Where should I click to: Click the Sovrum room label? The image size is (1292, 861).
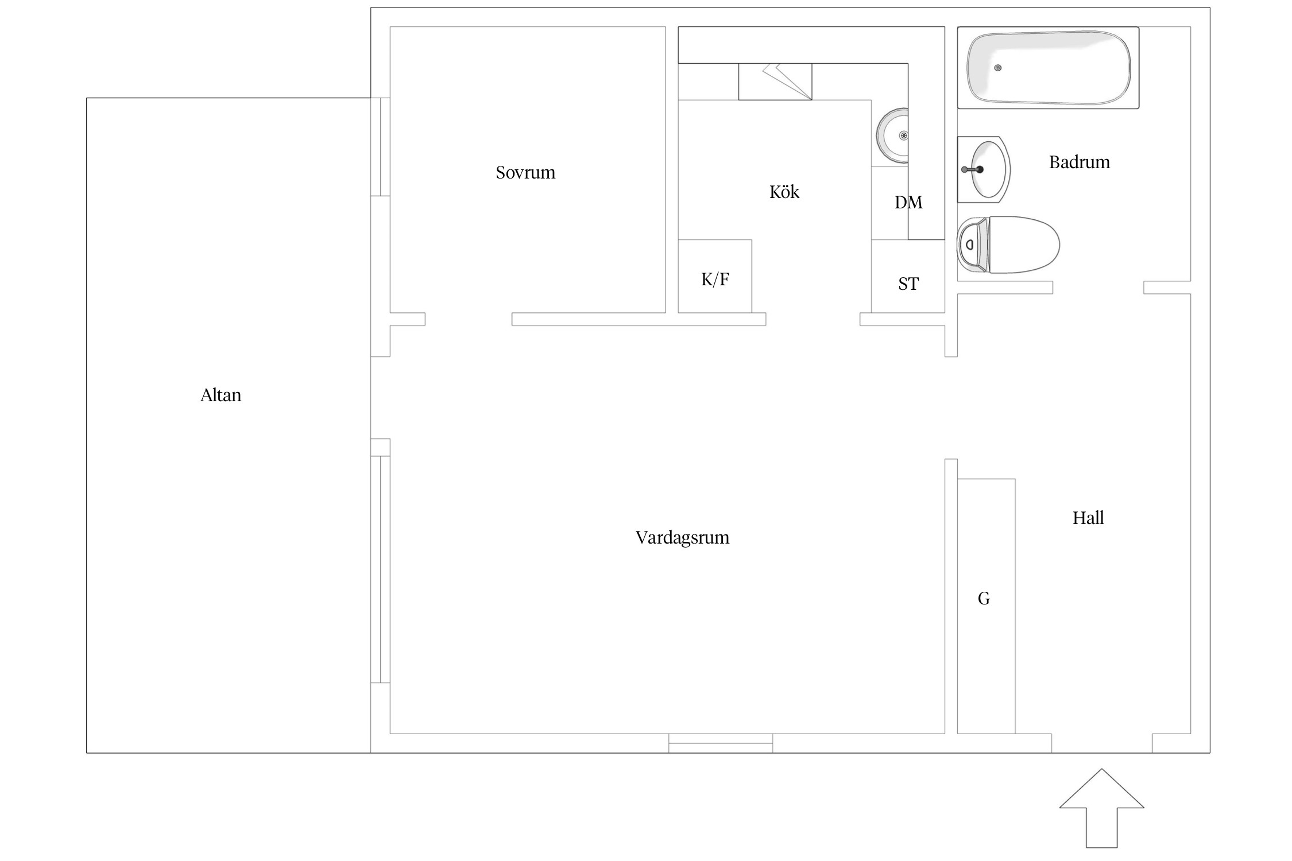pos(525,172)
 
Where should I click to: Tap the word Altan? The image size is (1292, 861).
pos(221,395)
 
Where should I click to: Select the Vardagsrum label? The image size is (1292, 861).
pos(682,538)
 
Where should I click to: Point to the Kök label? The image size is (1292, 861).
pos(784,192)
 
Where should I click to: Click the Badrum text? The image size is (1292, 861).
pos(1080,162)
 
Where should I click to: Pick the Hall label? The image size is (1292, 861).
pos(1088,518)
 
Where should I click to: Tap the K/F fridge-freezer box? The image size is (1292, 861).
pos(715,276)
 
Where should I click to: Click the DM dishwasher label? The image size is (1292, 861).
pos(908,202)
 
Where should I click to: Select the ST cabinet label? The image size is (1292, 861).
pos(908,284)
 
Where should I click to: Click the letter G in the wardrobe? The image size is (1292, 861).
pos(984,599)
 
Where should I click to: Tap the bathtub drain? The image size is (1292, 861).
pos(998,68)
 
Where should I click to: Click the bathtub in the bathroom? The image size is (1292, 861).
pos(1048,68)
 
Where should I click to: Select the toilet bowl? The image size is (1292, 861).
pos(1024,245)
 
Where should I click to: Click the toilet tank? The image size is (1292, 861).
pos(972,245)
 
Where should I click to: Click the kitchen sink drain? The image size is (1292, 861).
pos(904,136)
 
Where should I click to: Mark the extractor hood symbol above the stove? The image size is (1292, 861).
pos(775,82)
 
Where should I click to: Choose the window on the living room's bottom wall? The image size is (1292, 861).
pos(721,743)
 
